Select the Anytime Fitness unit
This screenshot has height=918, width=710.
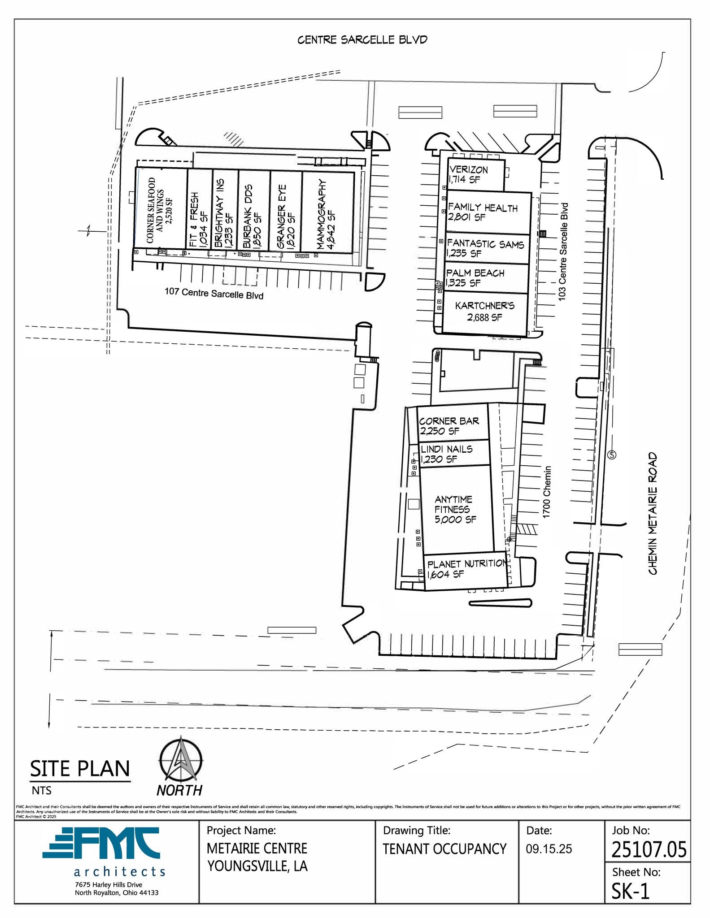coord(456,510)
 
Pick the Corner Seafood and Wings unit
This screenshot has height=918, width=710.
coord(161,210)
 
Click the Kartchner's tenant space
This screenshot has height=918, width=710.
coord(484,312)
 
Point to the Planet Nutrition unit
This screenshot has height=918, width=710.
coord(466,569)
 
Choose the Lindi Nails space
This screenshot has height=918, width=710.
coord(453,454)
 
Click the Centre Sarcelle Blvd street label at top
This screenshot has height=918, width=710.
coord(362,40)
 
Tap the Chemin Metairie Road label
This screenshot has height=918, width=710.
coord(653,513)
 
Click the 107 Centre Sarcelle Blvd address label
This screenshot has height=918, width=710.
coord(213,294)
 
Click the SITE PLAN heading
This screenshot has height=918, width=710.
coord(80,768)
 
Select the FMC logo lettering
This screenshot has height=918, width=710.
coord(101,844)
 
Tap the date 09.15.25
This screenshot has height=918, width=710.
coord(549,849)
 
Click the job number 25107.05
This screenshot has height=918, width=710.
coord(649,849)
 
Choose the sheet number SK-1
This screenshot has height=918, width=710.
coord(631,892)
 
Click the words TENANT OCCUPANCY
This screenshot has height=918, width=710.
coord(444,849)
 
